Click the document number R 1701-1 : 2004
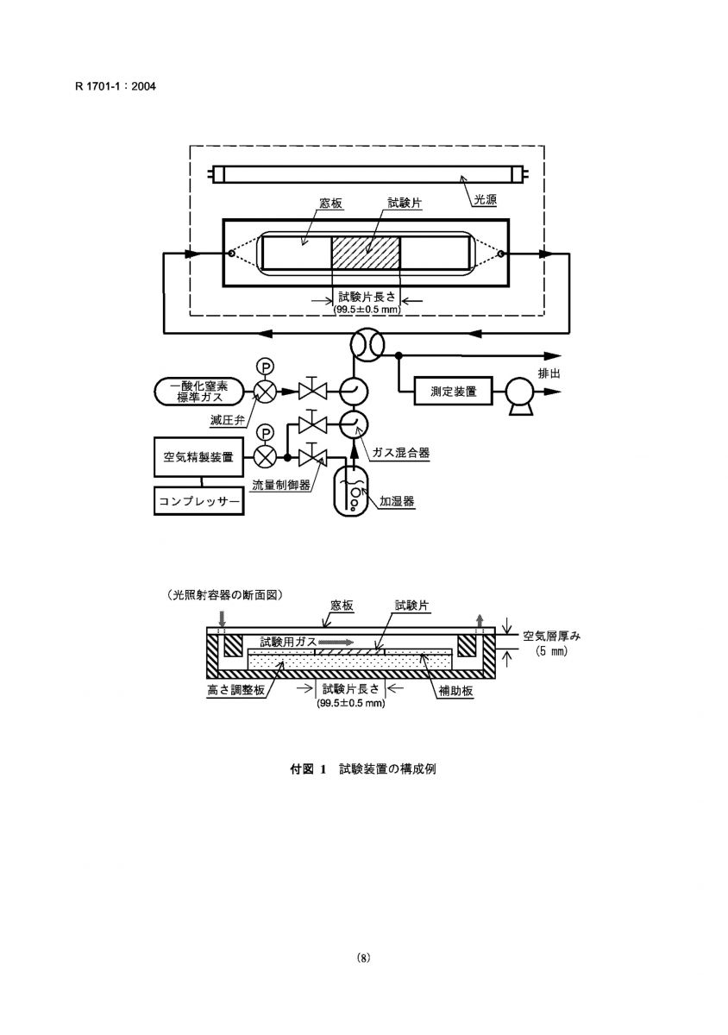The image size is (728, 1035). [x=115, y=86]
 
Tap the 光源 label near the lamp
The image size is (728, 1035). [x=486, y=199]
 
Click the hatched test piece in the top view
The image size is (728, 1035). [x=366, y=252]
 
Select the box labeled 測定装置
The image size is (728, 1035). [x=453, y=392]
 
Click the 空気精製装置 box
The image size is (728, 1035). [x=198, y=457]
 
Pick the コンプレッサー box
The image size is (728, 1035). [x=198, y=501]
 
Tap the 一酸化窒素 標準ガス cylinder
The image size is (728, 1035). [x=198, y=392]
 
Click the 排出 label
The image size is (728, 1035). [x=549, y=373]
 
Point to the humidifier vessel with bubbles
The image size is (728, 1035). [x=351, y=491]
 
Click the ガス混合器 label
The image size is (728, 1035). [x=401, y=453]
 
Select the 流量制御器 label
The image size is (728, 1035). [x=281, y=485]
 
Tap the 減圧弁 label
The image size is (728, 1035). [x=227, y=421]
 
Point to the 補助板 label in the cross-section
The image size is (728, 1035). [x=455, y=691]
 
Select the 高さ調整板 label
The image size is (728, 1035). [x=235, y=691]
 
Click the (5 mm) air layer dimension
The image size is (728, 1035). [x=551, y=652]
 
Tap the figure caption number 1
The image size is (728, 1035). [x=323, y=769]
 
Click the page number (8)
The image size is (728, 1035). [x=364, y=958]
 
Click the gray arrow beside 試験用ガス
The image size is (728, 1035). [x=336, y=643]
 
